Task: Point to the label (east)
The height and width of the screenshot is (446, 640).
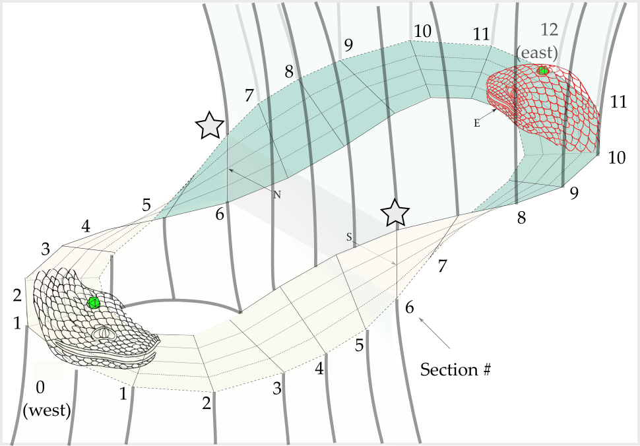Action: coord(538,52)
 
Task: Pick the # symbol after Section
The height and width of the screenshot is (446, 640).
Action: coord(486,369)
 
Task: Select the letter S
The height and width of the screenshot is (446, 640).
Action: coord(350,236)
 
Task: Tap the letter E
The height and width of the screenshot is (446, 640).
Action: coord(476,123)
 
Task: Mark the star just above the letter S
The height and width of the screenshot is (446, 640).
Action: coord(395,212)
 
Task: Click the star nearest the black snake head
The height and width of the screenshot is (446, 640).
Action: coord(210,125)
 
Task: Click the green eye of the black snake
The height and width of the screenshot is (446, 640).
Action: coord(94,303)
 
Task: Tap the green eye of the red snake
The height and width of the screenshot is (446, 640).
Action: coord(542,71)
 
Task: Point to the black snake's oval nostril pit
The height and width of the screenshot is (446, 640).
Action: coord(104,334)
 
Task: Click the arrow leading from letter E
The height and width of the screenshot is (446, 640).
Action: coord(489,115)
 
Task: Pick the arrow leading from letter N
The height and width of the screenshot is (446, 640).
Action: coord(251,179)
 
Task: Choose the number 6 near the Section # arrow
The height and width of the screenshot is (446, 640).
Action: coord(410,307)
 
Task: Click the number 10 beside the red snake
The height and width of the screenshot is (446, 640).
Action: coord(617,157)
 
